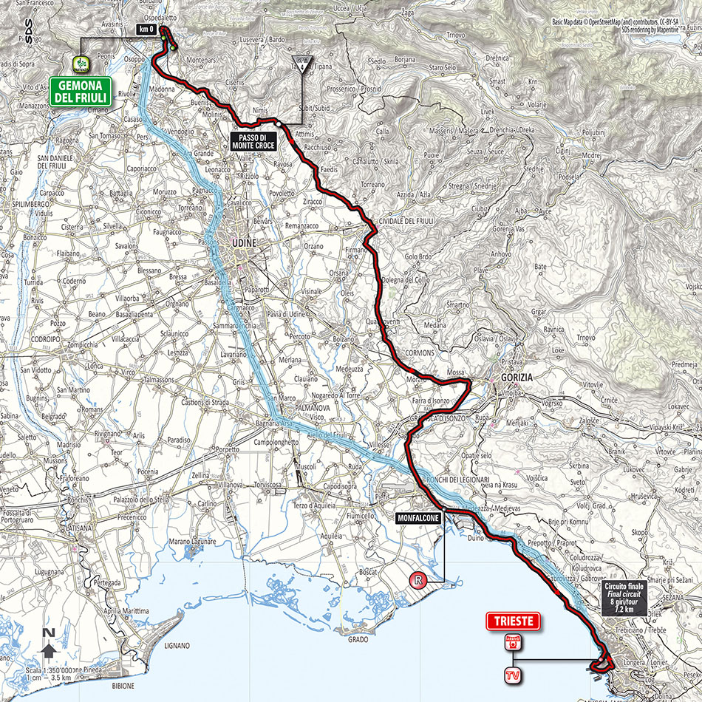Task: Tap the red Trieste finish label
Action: point(513,621)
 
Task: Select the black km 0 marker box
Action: point(145,30)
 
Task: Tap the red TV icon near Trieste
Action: point(508,674)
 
